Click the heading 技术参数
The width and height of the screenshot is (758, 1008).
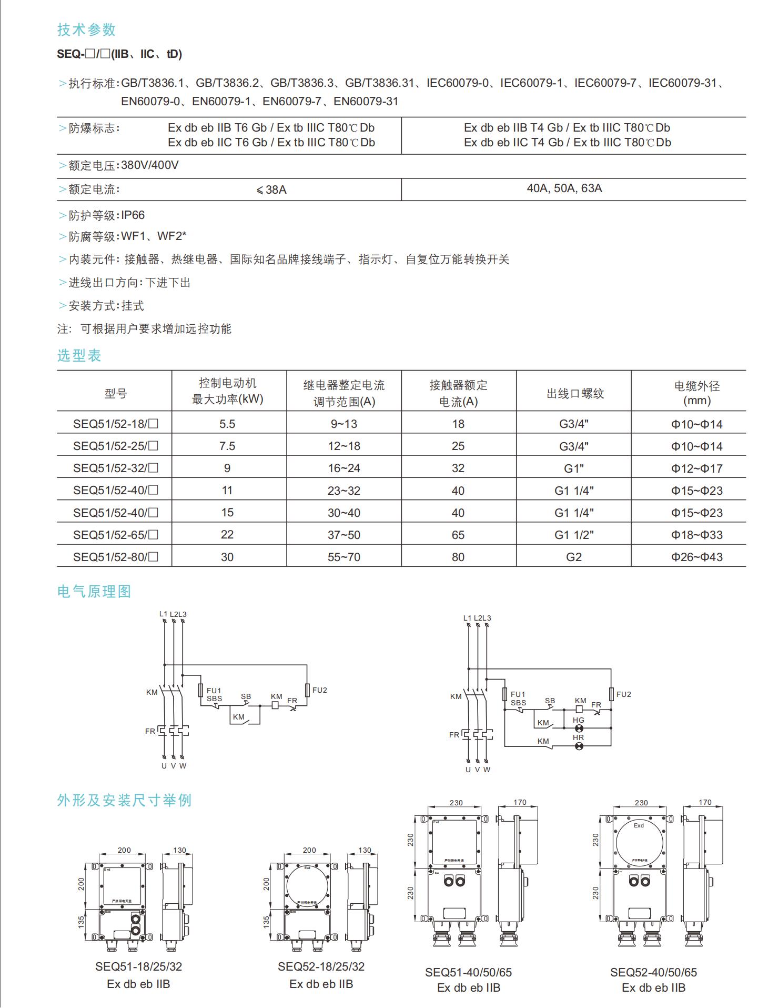click(x=86, y=30)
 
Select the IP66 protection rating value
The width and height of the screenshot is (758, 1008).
click(x=133, y=215)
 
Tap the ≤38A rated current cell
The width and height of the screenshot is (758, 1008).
click(x=271, y=189)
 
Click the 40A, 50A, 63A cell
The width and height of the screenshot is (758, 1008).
click(x=564, y=188)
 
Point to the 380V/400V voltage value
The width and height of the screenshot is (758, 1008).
click(x=150, y=165)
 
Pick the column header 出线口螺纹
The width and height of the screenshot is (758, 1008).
click(x=575, y=393)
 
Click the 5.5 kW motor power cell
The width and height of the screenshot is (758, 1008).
click(x=227, y=424)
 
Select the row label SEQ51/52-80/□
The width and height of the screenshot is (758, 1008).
click(x=116, y=557)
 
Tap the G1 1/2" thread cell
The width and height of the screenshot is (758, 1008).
click(x=574, y=535)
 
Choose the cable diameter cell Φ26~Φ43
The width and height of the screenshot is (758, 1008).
click(x=696, y=557)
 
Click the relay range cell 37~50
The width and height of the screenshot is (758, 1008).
click(x=344, y=535)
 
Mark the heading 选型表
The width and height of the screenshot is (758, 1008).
click(x=79, y=355)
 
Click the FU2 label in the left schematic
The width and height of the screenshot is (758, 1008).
click(x=319, y=690)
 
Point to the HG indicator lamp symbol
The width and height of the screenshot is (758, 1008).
click(x=579, y=728)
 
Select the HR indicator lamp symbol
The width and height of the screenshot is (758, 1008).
click(x=579, y=746)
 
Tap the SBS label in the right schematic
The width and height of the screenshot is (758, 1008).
click(x=518, y=703)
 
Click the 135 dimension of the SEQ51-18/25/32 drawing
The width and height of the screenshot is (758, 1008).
click(x=82, y=921)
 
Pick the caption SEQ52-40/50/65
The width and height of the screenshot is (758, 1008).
click(x=653, y=972)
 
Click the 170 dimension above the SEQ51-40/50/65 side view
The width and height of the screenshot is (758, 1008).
click(x=520, y=802)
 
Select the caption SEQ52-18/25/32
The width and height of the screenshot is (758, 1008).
click(x=321, y=966)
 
